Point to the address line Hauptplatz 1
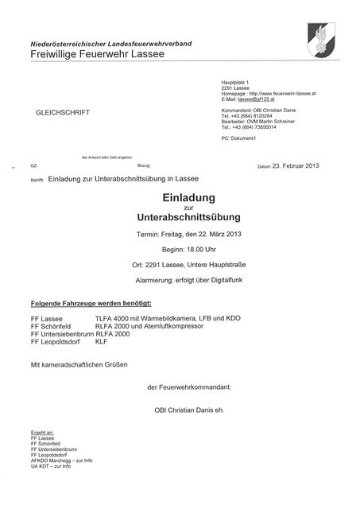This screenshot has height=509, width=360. point(236,83)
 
